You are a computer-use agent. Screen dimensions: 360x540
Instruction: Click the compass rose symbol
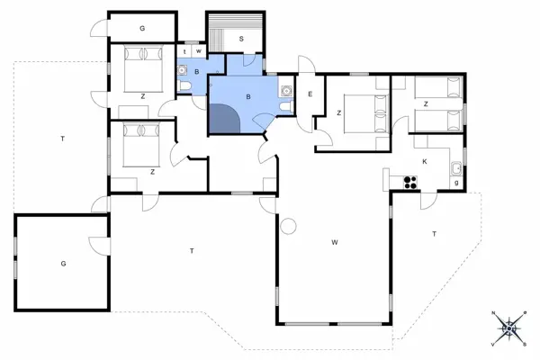click(x=509, y=328)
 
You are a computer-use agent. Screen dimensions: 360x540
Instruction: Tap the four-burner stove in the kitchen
click(x=409, y=182)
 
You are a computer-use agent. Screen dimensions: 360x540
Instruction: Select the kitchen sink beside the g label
click(x=456, y=167)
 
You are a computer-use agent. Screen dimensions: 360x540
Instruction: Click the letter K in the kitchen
click(x=425, y=161)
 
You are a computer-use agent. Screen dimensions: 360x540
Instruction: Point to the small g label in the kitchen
click(x=457, y=184)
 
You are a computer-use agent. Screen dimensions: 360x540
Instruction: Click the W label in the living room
click(x=334, y=242)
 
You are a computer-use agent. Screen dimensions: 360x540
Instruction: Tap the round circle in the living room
click(x=289, y=226)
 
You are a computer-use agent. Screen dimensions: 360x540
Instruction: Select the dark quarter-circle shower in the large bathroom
click(x=224, y=120)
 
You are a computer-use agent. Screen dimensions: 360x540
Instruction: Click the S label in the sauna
click(x=241, y=40)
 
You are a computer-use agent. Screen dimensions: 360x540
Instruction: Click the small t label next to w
click(x=185, y=52)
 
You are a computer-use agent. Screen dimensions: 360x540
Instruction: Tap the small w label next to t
click(x=198, y=52)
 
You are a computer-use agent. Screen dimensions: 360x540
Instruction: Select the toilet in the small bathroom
click(x=184, y=86)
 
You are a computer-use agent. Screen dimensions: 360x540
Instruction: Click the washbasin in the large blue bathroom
click(x=286, y=89)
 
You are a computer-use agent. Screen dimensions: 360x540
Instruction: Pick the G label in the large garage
click(x=63, y=264)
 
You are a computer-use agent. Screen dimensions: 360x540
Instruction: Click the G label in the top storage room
click(x=142, y=29)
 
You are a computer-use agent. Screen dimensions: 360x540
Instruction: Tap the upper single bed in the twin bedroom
click(x=438, y=88)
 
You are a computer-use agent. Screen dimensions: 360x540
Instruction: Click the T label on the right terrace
click(x=434, y=234)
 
